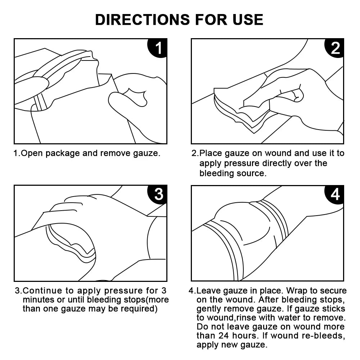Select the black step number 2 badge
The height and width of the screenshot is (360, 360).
pos(335,48)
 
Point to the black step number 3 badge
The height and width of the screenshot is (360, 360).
pos(158,194)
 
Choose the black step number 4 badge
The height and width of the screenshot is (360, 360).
pos(335,194)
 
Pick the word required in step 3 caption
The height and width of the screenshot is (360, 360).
pos(140,309)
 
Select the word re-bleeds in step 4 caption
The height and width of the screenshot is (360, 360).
pos(328,336)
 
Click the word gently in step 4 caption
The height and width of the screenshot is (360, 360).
pos(209,309)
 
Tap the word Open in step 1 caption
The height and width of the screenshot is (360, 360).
pos(30,153)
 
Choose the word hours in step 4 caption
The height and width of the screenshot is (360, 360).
pos(249,336)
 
